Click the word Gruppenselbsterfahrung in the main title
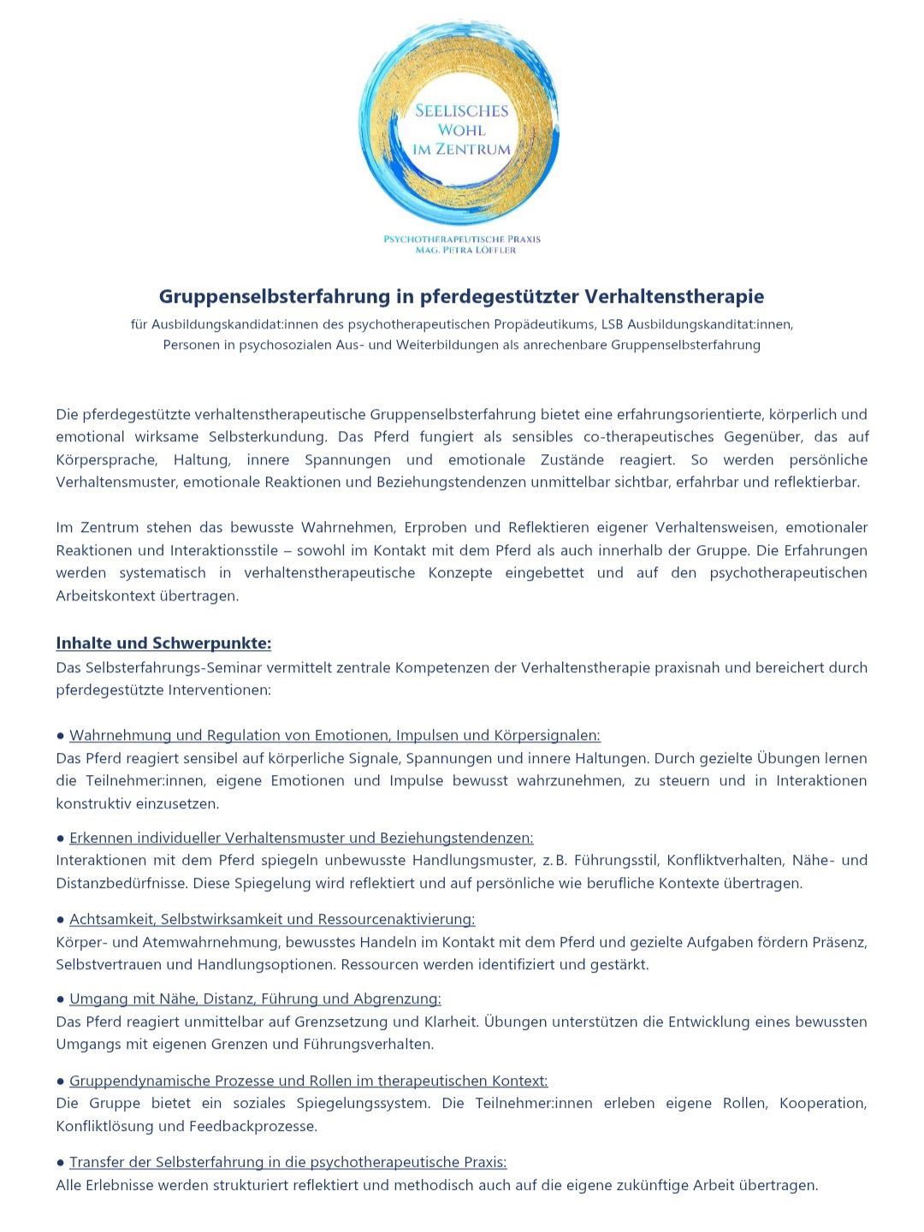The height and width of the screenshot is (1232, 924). (274, 297)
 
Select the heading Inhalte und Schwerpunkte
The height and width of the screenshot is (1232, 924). (163, 643)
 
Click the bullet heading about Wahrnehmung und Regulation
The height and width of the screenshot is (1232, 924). (335, 736)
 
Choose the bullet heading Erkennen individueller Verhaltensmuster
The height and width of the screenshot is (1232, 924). (301, 838)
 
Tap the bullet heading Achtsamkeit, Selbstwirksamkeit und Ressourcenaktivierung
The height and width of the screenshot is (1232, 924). (272, 920)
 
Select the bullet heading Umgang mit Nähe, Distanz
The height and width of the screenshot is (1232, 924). (255, 999)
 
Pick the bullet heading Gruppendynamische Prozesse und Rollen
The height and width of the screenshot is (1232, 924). (308, 1081)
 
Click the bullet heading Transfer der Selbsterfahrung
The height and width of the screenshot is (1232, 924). (287, 1163)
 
